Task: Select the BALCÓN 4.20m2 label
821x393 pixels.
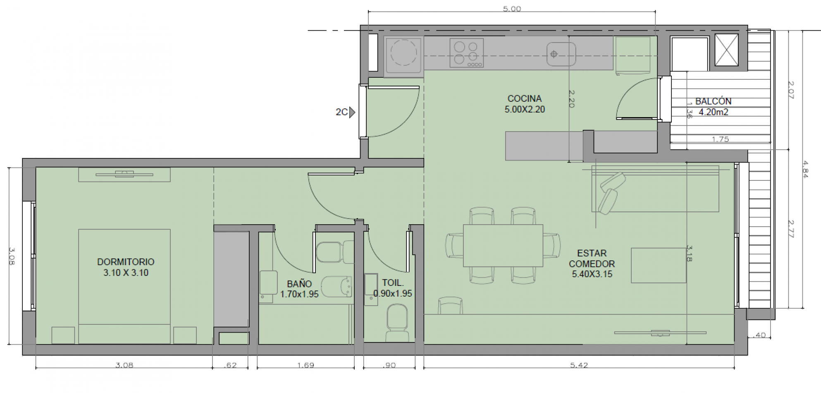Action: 713,106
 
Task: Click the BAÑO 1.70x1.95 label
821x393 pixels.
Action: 299,289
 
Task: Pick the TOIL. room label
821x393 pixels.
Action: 393,283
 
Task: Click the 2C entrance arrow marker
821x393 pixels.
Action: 352,112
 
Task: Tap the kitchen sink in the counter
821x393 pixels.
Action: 561,54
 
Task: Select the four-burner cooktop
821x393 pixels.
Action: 467,53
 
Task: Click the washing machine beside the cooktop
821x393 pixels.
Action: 403,57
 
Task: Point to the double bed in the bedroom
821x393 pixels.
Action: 124,286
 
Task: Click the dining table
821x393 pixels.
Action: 503,246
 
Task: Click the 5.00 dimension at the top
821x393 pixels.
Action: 512,9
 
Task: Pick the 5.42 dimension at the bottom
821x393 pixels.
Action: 579,365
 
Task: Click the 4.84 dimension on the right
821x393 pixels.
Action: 804,169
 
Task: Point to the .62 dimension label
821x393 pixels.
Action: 230,365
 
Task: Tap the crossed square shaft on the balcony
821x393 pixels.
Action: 726,50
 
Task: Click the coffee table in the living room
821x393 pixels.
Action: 659,265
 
